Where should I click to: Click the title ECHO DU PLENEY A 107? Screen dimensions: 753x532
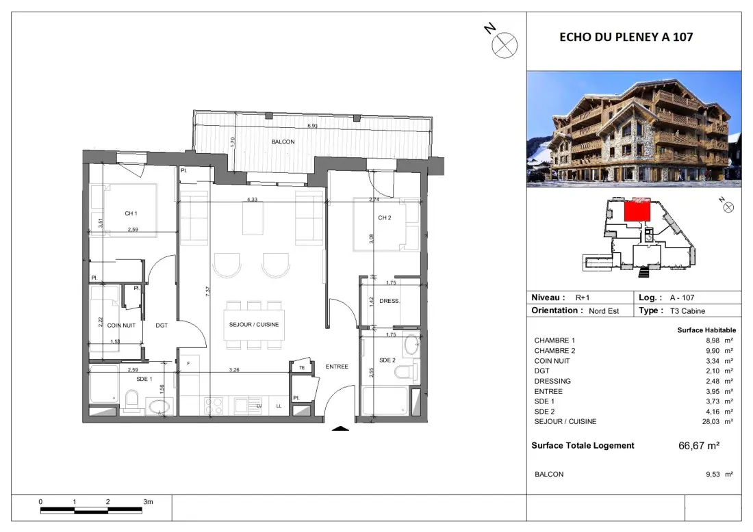[x=626, y=37]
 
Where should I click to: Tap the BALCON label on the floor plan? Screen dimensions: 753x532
[x=283, y=142]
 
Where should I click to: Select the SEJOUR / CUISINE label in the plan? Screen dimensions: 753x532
[x=253, y=325]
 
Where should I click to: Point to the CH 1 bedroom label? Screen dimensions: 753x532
[x=131, y=213]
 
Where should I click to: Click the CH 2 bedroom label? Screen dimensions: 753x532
[x=384, y=217]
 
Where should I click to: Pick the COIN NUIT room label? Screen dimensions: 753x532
[x=121, y=325]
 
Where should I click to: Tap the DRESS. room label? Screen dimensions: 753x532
[x=389, y=302]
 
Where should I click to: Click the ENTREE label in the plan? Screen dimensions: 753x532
[x=337, y=367]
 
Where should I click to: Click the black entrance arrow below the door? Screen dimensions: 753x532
[x=340, y=428]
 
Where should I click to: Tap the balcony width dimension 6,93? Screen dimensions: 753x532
[x=312, y=127]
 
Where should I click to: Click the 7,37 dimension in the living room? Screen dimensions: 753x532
[x=207, y=291]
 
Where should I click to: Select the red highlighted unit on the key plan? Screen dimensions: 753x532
[x=637, y=211]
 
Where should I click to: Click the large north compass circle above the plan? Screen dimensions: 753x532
[x=505, y=46]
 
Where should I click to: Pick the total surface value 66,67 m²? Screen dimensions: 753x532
[x=699, y=446]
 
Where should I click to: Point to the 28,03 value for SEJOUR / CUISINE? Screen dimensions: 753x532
[x=711, y=422]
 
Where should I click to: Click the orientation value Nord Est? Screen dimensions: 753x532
[x=604, y=311]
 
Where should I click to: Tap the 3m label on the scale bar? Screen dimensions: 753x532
[x=148, y=502]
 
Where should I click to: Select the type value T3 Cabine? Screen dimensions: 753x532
[x=687, y=311]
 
